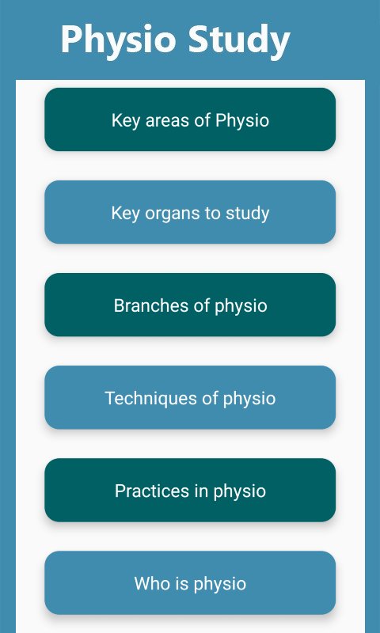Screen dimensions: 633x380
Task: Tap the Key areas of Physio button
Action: tap(190, 119)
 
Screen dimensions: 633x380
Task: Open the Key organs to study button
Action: tap(190, 212)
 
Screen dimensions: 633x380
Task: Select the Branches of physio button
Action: tap(190, 305)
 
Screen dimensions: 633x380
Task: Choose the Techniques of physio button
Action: tap(190, 397)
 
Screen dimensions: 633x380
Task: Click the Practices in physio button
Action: tap(190, 490)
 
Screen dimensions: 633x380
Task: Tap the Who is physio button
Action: tap(190, 582)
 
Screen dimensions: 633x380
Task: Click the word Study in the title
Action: tap(238, 40)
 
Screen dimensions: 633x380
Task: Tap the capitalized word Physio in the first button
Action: tap(242, 121)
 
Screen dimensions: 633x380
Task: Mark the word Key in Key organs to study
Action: tap(125, 213)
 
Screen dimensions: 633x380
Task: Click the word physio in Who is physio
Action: tap(221, 585)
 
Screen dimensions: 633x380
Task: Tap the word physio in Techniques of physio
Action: tap(250, 399)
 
